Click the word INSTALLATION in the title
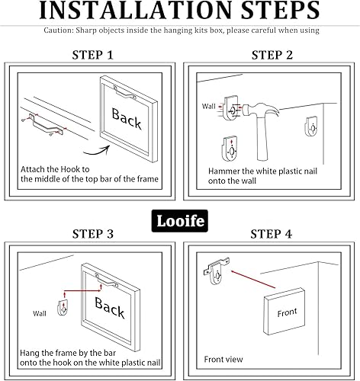click(130, 12)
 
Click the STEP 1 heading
click(93, 55)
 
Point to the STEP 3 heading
click(93, 233)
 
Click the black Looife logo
click(181, 220)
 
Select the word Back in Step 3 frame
click(109, 310)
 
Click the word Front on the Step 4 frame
click(287, 312)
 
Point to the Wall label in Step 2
click(209, 107)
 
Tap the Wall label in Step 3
click(40, 312)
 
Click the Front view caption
click(223, 358)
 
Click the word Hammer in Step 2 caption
click(224, 172)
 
